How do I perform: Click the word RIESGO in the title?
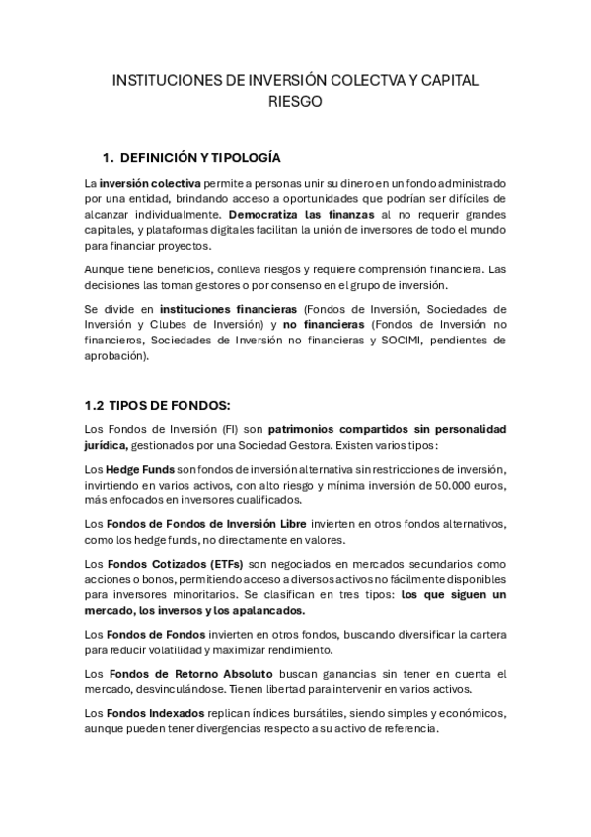pyautogui.click(x=296, y=101)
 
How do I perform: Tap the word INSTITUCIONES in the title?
pyautogui.click(x=169, y=80)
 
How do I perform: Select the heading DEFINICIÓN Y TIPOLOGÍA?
pyautogui.click(x=200, y=157)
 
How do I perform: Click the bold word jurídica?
pyautogui.click(x=111, y=444)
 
